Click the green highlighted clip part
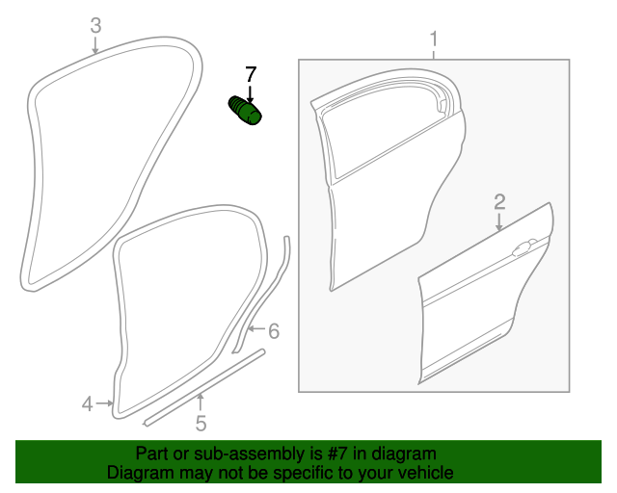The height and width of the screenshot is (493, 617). [x=245, y=111]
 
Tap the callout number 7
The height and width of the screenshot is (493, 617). [x=251, y=74]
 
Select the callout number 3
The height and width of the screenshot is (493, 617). [x=95, y=26]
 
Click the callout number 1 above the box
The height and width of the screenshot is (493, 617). [x=433, y=39]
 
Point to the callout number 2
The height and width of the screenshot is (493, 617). [x=499, y=202]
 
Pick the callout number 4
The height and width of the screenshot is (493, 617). [x=88, y=404]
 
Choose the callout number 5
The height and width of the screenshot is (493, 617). [x=201, y=424]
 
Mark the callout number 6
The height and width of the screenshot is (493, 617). [x=274, y=331]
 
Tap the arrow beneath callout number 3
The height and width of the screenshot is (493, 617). [x=94, y=44]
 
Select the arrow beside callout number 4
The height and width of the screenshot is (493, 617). [x=104, y=403]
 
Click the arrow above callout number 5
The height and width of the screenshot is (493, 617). [x=201, y=402]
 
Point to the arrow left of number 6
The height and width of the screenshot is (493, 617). [x=256, y=328]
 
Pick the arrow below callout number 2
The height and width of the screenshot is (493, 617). [x=499, y=222]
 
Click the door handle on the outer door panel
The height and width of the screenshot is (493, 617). [x=523, y=247]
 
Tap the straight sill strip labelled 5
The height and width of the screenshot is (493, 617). [x=203, y=387]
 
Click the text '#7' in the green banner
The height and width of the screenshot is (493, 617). [x=337, y=454]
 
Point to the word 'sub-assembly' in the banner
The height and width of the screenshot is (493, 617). [x=249, y=454]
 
